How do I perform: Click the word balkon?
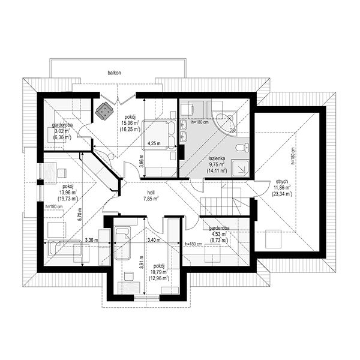(x=115, y=73)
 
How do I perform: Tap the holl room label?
(x=151, y=193)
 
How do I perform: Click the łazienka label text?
(x=217, y=158)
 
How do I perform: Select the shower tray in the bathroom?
(x=241, y=168)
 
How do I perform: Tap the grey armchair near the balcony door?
(x=104, y=111)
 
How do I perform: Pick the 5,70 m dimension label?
(x=80, y=214)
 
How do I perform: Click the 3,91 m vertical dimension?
(x=142, y=262)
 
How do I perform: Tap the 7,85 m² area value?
(x=151, y=199)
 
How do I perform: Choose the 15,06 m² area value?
(x=130, y=123)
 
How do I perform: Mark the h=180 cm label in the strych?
(x=293, y=156)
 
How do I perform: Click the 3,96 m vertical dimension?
(x=142, y=160)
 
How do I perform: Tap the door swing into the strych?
(x=262, y=189)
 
